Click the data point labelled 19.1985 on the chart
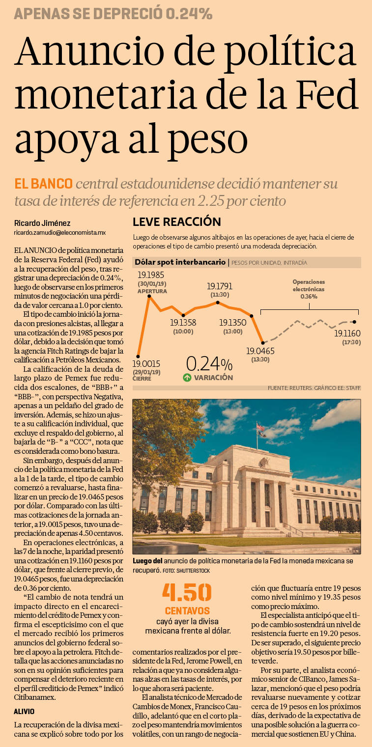(148, 297)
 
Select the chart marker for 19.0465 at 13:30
(263, 342)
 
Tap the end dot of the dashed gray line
(354, 322)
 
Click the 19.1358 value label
(183, 323)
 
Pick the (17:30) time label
(351, 342)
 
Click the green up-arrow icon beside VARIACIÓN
(187, 378)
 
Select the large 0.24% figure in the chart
(209, 364)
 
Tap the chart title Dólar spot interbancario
(180, 262)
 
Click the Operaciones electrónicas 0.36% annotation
(309, 289)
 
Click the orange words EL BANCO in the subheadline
(44, 184)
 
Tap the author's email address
(60, 232)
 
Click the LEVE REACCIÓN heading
(177, 222)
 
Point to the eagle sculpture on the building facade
(264, 462)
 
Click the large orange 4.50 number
(187, 593)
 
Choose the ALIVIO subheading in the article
(24, 711)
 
